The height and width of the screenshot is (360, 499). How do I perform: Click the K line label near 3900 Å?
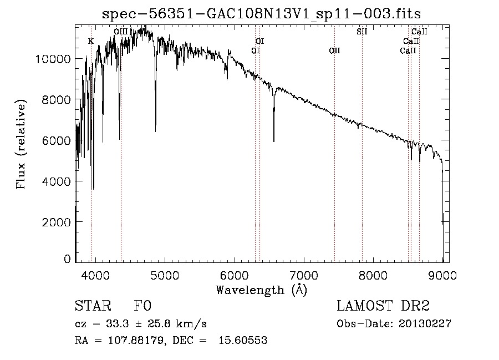[91, 41]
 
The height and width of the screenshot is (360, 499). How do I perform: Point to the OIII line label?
[121, 32]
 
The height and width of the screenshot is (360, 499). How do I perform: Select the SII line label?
[362, 32]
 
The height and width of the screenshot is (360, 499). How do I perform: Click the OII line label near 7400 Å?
[334, 50]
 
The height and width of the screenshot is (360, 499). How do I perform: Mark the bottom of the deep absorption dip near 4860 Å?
[155, 131]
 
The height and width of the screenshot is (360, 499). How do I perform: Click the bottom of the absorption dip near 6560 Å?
[274, 141]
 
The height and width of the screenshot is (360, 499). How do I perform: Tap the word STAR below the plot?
[90, 306]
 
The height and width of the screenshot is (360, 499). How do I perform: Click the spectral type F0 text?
[142, 306]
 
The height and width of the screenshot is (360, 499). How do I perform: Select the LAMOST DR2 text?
[383, 306]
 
